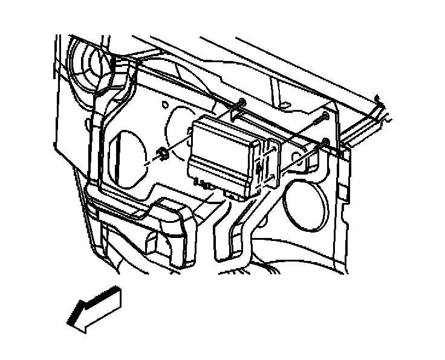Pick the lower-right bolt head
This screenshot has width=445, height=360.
click(325, 143)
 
